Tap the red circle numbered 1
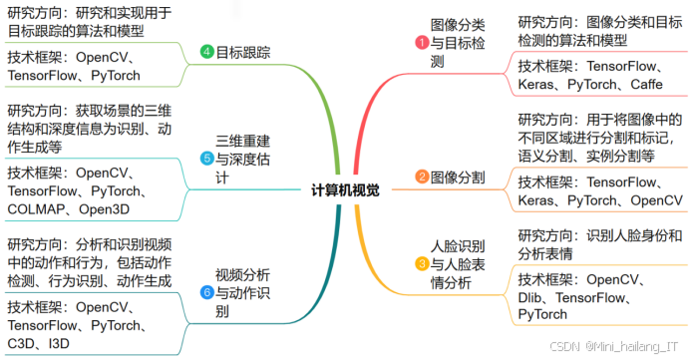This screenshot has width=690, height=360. [x=422, y=42]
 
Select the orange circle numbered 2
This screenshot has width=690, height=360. [x=422, y=178]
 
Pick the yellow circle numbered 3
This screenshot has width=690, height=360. [x=422, y=263]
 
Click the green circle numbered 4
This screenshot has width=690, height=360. [x=206, y=52]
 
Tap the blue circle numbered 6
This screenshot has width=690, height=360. [x=206, y=292]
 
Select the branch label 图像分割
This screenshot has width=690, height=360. [x=459, y=178]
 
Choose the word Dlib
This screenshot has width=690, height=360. [x=534, y=297]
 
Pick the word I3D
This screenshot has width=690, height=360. [x=62, y=344]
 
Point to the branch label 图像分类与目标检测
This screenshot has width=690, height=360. [x=458, y=42]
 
